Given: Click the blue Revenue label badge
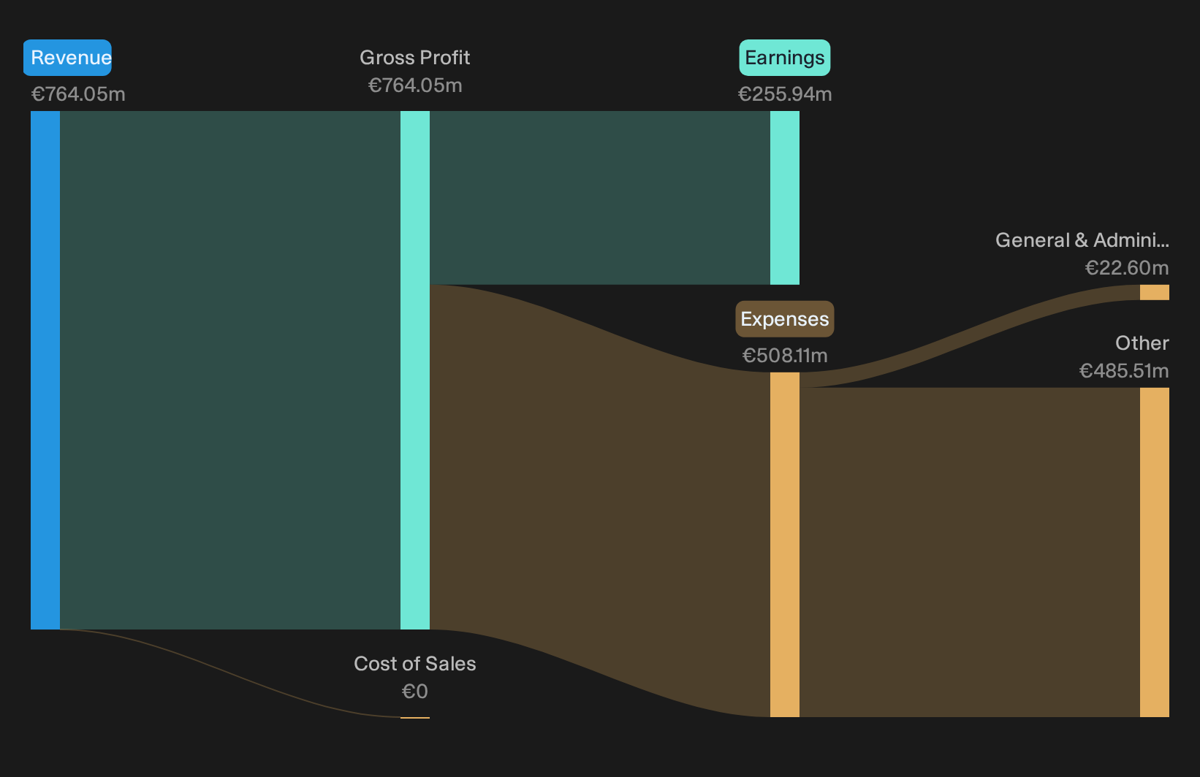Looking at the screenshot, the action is click(67, 58).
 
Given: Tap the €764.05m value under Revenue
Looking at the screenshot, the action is click(78, 94).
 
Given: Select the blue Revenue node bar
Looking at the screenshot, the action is click(45, 370).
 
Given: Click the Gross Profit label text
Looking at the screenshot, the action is click(414, 58).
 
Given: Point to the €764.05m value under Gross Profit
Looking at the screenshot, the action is click(415, 85).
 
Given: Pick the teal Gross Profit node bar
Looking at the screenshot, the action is click(415, 370).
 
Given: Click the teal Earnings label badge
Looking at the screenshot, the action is click(785, 58).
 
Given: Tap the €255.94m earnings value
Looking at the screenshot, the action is click(785, 94).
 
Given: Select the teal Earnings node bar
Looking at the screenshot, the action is click(785, 198).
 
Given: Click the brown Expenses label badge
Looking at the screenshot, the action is click(785, 319).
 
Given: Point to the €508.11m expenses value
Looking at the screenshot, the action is click(785, 356).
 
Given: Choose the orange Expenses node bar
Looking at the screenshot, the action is click(785, 545).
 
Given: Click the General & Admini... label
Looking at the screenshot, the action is click(1082, 240).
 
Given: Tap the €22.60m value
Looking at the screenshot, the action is click(1127, 268).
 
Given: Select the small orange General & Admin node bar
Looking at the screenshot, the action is click(1155, 292).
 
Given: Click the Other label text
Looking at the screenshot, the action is click(1142, 343).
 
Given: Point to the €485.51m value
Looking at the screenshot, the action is click(1124, 371).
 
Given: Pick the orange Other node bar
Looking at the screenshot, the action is click(1155, 552).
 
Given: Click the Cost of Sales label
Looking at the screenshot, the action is click(414, 664).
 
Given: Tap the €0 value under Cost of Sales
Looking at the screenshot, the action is click(415, 692).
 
